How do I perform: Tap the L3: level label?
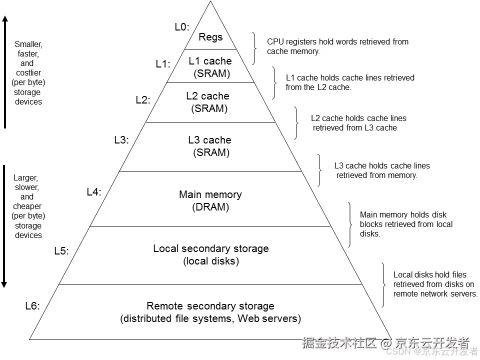pyautogui.click(x=121, y=140)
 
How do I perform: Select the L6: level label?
pyautogui.click(x=32, y=306)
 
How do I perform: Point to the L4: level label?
pyautogui.click(x=94, y=191)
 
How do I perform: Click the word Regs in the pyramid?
pyautogui.click(x=210, y=37)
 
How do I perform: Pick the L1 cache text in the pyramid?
pyautogui.click(x=210, y=61)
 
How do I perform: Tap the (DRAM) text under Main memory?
pyautogui.click(x=210, y=207)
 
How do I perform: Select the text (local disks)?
pyautogui.click(x=211, y=261)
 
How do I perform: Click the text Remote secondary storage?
pyautogui.click(x=210, y=306)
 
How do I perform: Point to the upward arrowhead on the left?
pyautogui.click(x=4, y=19)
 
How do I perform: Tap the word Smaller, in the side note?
pyautogui.click(x=28, y=44)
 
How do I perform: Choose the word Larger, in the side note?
pyautogui.click(x=26, y=178)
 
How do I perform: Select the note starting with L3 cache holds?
pyautogui.click(x=381, y=170)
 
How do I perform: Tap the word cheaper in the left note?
pyautogui.click(x=27, y=206)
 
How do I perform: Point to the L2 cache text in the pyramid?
pyautogui.click(x=207, y=96)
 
